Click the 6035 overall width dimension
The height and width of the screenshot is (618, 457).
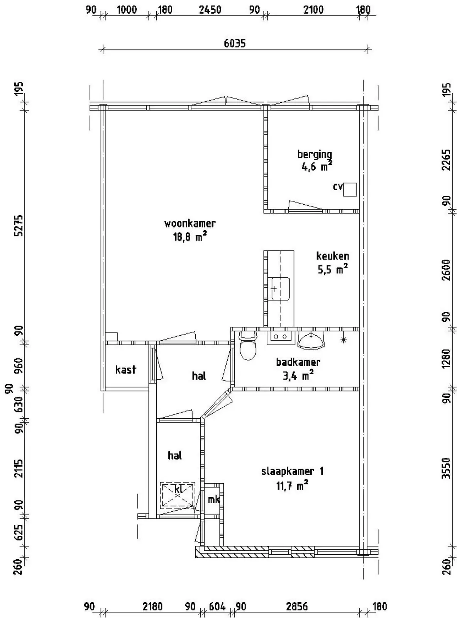coord(235,44)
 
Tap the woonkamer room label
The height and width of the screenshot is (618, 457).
coord(190,224)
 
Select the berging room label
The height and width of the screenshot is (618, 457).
coord(315,154)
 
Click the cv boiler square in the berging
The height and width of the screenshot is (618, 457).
coord(350,190)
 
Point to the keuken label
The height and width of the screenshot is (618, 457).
coord(332,256)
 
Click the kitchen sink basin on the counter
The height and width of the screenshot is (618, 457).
coord(280,289)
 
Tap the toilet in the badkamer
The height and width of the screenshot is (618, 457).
coord(248,345)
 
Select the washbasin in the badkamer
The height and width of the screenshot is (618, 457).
coord(311,340)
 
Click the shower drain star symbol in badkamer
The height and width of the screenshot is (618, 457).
coord(344,340)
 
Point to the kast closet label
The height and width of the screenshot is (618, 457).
coord(126,370)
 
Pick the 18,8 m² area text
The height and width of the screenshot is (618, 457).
coord(190,237)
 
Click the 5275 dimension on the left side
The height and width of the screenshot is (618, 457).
coord(19,225)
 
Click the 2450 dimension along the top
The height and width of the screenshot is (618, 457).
coord(210,10)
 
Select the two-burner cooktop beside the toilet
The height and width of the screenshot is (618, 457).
coord(281,338)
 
